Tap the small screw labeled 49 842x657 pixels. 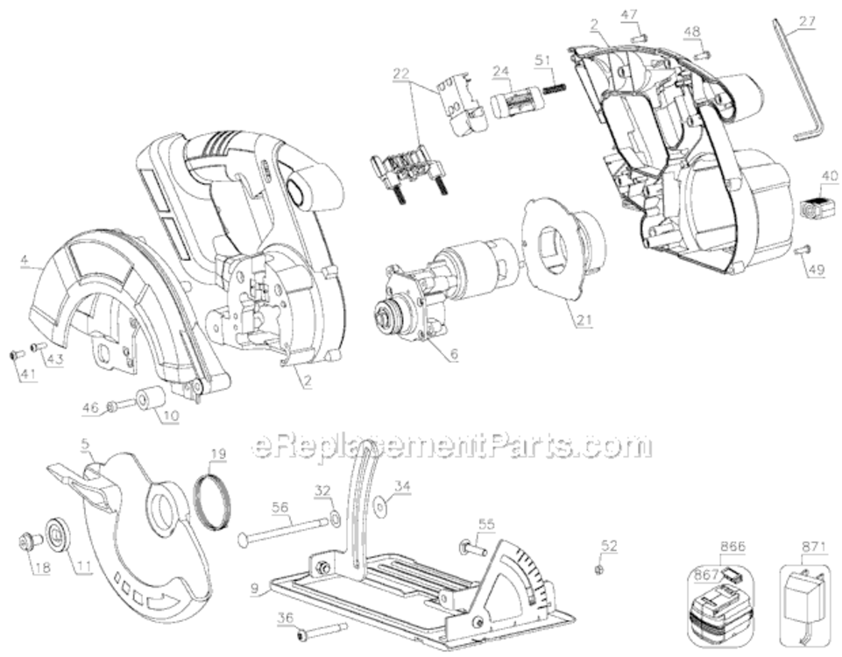pyautogui.click(x=802, y=251)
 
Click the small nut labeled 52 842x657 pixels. pyautogui.click(x=597, y=569)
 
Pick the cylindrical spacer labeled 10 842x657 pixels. pyautogui.click(x=151, y=399)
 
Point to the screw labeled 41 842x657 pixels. pyautogui.click(x=16, y=355)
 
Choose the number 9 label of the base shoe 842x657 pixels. pyautogui.click(x=253, y=589)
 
